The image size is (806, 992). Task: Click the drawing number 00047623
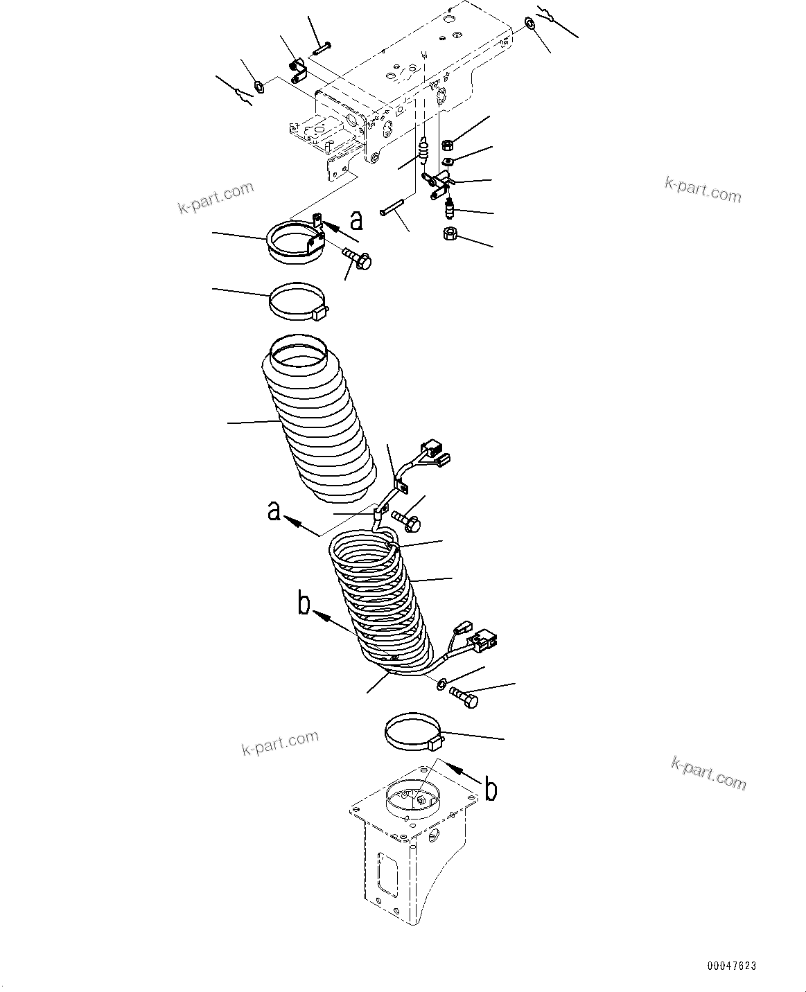732,966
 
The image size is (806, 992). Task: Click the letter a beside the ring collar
356,221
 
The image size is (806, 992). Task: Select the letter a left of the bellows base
274,512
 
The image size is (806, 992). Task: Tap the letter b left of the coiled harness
303,603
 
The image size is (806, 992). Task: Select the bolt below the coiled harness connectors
464,698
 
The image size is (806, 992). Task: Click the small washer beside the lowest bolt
441,685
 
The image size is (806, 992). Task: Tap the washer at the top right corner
530,24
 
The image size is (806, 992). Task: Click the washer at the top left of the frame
259,87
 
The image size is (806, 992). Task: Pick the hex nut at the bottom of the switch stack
449,234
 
